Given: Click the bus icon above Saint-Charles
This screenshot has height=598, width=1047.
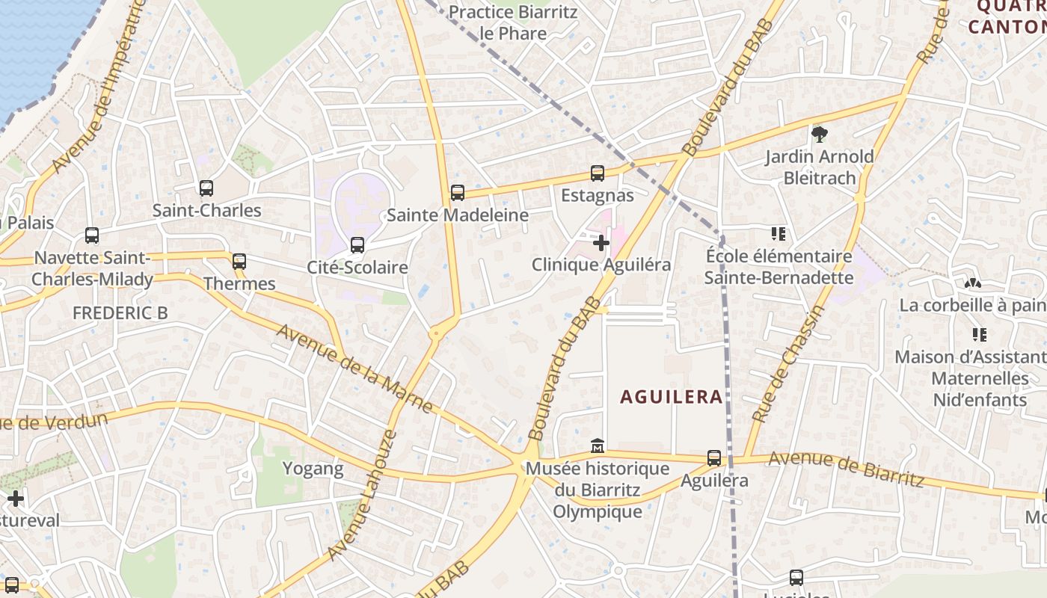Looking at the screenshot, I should (206, 188).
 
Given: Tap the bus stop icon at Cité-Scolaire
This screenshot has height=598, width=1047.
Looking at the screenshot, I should (357, 245).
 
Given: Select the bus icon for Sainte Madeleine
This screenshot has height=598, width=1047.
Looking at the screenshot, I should (458, 193).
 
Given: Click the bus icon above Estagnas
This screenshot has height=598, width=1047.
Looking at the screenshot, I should (598, 173).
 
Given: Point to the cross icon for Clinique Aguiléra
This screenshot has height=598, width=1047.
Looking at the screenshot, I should (601, 243).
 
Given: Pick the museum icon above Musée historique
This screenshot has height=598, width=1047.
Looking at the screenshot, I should (598, 446).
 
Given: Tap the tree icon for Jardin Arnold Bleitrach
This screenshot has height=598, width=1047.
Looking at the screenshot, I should (820, 135).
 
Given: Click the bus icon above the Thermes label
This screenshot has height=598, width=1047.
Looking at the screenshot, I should (239, 262).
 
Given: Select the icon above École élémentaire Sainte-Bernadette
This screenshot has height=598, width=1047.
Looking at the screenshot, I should (779, 235).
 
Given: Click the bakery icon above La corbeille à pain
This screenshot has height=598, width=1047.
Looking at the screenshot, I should (972, 283).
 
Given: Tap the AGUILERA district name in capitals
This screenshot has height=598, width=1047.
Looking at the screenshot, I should (672, 397).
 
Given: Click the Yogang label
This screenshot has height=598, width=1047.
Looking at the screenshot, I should (313, 469).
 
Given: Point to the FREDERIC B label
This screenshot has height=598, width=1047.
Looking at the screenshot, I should (120, 313).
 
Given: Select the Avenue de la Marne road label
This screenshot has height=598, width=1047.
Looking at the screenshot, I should (355, 368).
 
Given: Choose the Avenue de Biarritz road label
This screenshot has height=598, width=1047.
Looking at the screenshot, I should (846, 468).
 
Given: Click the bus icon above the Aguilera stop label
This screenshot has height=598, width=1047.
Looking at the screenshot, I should (714, 458).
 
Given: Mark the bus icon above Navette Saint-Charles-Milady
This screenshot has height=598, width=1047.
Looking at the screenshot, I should (92, 235).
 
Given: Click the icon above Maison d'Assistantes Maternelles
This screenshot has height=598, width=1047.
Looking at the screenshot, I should (979, 334).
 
